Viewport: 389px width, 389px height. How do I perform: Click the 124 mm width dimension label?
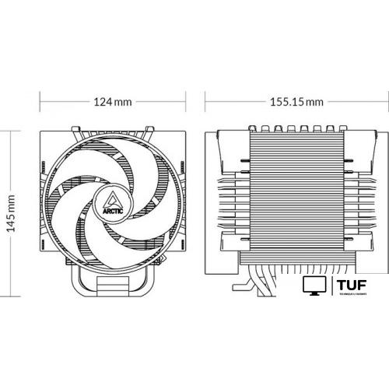(x=113, y=102)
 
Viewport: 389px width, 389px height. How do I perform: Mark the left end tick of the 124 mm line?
(x=40, y=102)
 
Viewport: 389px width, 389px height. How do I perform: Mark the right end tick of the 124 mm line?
(x=187, y=102)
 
